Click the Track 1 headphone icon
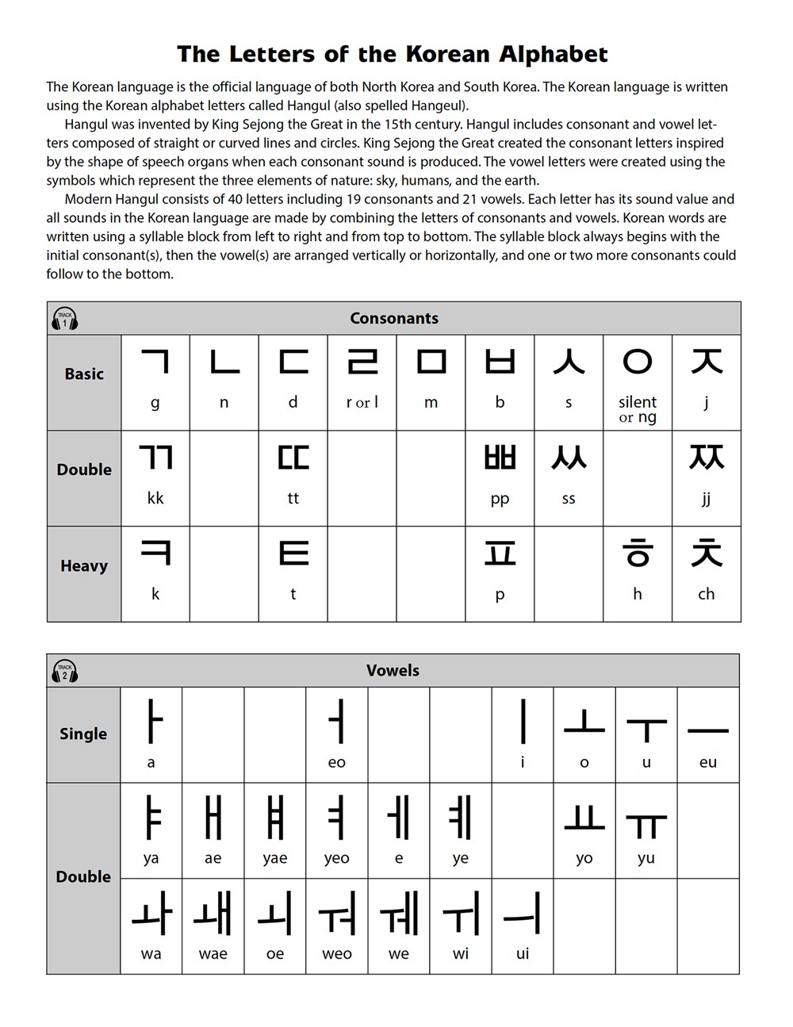pos(65,320)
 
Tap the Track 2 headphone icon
pos(65,672)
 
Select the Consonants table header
pos(394,318)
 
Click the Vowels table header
pos(393,670)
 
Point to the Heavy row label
pos(84,565)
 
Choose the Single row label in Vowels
pos(83,734)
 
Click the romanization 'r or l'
pos(362,402)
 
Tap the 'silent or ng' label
pos(638,409)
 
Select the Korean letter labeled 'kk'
pos(155,458)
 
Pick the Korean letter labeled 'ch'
pos(706,553)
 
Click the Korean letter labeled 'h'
pos(638,553)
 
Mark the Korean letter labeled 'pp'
pos(500,458)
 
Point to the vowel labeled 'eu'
pos(707,730)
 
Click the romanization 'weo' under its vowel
pos(337,953)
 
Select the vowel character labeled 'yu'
pos(646,825)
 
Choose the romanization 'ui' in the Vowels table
pos(523,953)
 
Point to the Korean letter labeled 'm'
pos(431,362)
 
